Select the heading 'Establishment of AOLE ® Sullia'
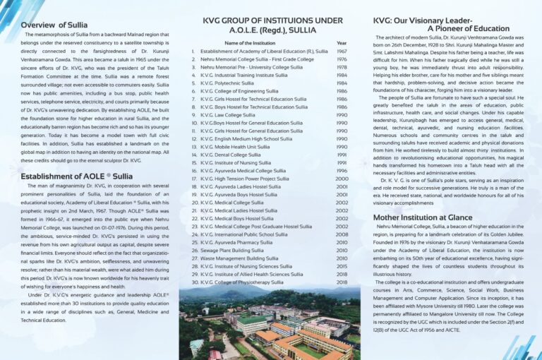77,176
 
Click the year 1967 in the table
342,52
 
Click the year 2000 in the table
342,179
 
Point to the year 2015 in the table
342,266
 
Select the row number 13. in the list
193,147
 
